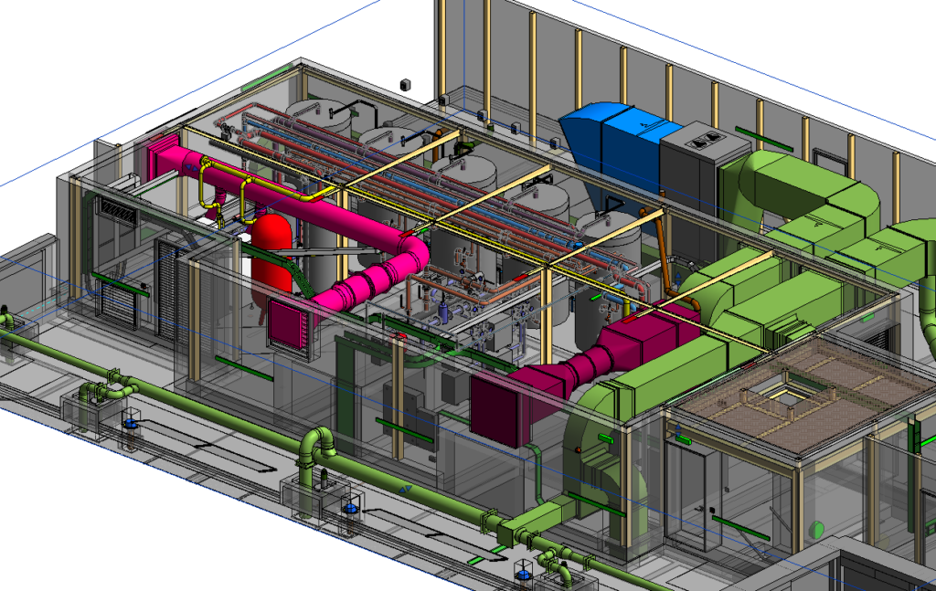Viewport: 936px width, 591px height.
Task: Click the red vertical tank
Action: (x=273, y=252)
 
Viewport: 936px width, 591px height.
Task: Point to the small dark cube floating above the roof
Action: (x=405, y=85)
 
